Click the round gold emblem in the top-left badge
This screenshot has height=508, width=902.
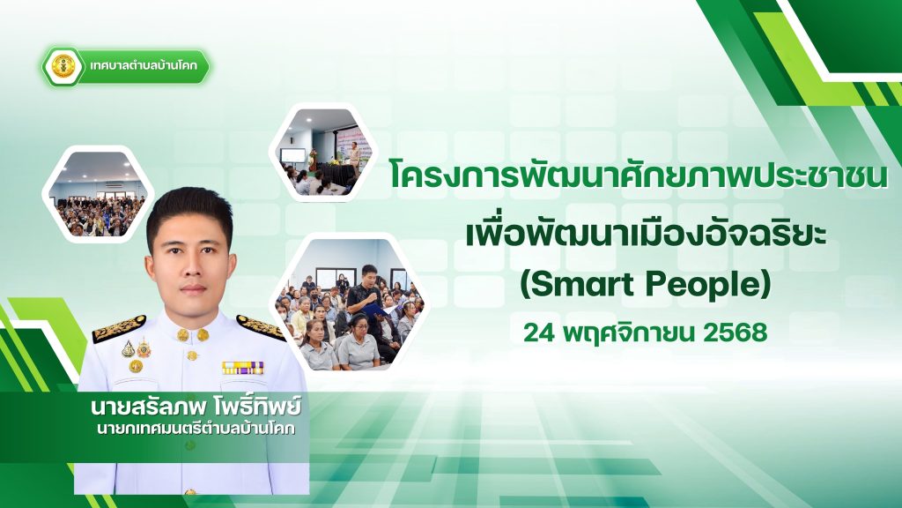(63, 66)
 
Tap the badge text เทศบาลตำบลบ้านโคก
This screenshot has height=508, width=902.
(144, 65)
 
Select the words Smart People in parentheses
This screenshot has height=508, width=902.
(646, 284)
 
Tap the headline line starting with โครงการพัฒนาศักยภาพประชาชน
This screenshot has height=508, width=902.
(639, 176)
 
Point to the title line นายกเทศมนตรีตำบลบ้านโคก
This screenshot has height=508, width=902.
(196, 430)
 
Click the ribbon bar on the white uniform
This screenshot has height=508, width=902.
(243, 368)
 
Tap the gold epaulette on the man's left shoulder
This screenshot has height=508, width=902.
(261, 326)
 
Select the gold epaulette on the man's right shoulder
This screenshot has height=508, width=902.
(119, 328)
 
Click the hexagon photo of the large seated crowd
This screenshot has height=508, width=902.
(97, 193)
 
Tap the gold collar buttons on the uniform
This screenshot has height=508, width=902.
(193, 334)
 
